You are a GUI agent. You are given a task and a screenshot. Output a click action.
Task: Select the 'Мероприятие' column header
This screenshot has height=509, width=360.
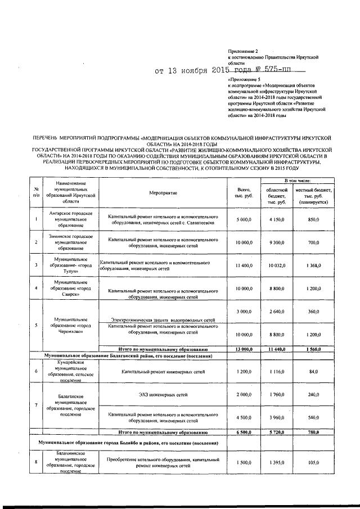163,193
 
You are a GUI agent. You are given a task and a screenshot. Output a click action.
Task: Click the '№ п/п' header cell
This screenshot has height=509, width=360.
36,193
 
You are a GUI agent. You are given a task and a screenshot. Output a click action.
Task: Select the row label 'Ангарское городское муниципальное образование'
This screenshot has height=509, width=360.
71,219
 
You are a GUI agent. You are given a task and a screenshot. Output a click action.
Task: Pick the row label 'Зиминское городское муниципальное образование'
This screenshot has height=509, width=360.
71,242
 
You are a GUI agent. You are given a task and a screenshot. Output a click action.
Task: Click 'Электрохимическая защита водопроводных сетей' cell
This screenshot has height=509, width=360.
163,319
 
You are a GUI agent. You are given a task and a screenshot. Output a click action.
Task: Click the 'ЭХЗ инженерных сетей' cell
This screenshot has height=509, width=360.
163,395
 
